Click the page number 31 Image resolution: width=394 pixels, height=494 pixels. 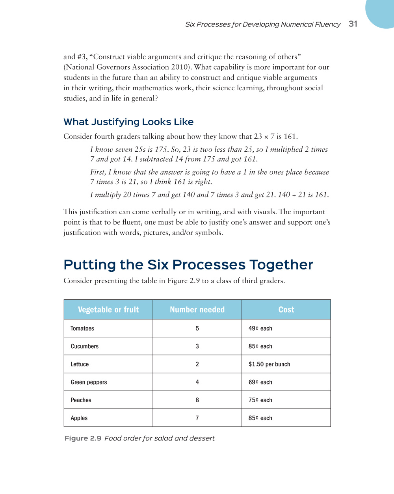(x=353, y=24)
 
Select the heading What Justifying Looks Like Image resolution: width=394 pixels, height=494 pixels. (x=128, y=122)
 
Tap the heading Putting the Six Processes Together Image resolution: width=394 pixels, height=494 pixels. (x=188, y=265)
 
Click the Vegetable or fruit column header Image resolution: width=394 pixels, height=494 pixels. (x=108, y=310)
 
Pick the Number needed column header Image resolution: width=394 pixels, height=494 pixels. (x=197, y=310)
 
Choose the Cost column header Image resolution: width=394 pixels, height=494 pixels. (x=286, y=310)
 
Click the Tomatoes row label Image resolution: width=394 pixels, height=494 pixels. (x=82, y=329)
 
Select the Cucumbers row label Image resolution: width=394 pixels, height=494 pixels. (x=85, y=346)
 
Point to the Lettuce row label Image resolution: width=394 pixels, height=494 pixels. (x=80, y=364)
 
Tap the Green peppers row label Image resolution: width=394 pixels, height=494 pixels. (x=89, y=382)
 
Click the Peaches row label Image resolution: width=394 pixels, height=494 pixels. (x=81, y=400)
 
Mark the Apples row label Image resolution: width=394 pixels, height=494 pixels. (x=79, y=418)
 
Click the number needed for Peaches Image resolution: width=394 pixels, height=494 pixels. (x=197, y=400)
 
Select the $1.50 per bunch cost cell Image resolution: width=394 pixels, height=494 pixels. (x=269, y=364)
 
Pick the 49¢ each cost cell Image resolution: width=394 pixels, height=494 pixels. (x=260, y=329)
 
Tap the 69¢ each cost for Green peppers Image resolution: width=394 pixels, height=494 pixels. (x=260, y=382)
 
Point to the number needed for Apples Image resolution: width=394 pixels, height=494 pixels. (x=197, y=418)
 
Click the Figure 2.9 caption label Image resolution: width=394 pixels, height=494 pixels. (x=83, y=438)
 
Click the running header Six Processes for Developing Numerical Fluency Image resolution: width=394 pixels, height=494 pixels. (x=263, y=24)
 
